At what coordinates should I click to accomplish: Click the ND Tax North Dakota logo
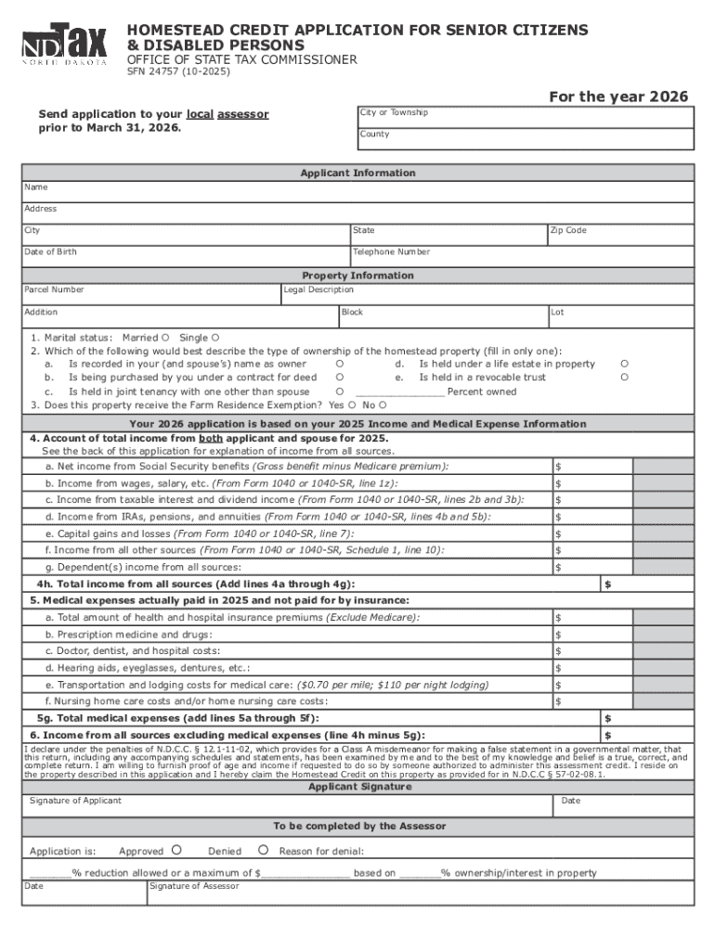tap(65, 44)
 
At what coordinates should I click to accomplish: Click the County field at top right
tap(525, 138)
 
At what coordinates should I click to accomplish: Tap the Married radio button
tap(165, 338)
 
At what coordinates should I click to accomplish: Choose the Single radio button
tap(215, 338)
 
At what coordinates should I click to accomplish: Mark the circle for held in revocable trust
tap(625, 378)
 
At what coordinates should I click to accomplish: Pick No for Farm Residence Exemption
tap(383, 405)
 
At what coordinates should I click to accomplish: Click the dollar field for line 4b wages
tap(592, 483)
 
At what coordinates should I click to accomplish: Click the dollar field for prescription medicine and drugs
tap(592, 635)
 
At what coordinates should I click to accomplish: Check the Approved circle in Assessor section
tap(175, 850)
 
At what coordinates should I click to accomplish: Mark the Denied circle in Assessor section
tap(263, 850)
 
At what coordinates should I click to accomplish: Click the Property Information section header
tap(357, 276)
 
